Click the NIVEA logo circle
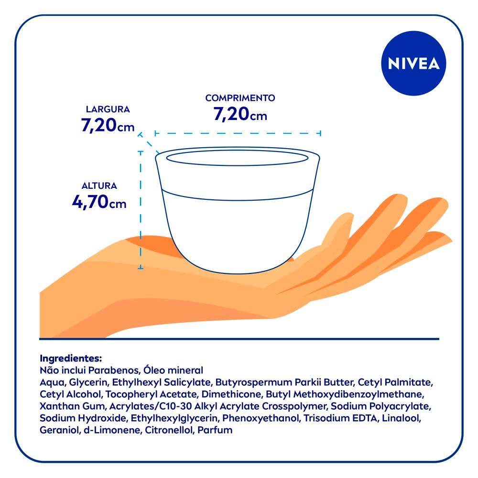[413, 64]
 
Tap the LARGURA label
[108, 109]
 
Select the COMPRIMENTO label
[240, 98]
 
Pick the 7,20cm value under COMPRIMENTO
[240, 115]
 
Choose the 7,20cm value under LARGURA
[108, 126]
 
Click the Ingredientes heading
[71, 358]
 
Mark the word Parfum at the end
[216, 430]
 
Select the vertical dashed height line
[141, 210]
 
